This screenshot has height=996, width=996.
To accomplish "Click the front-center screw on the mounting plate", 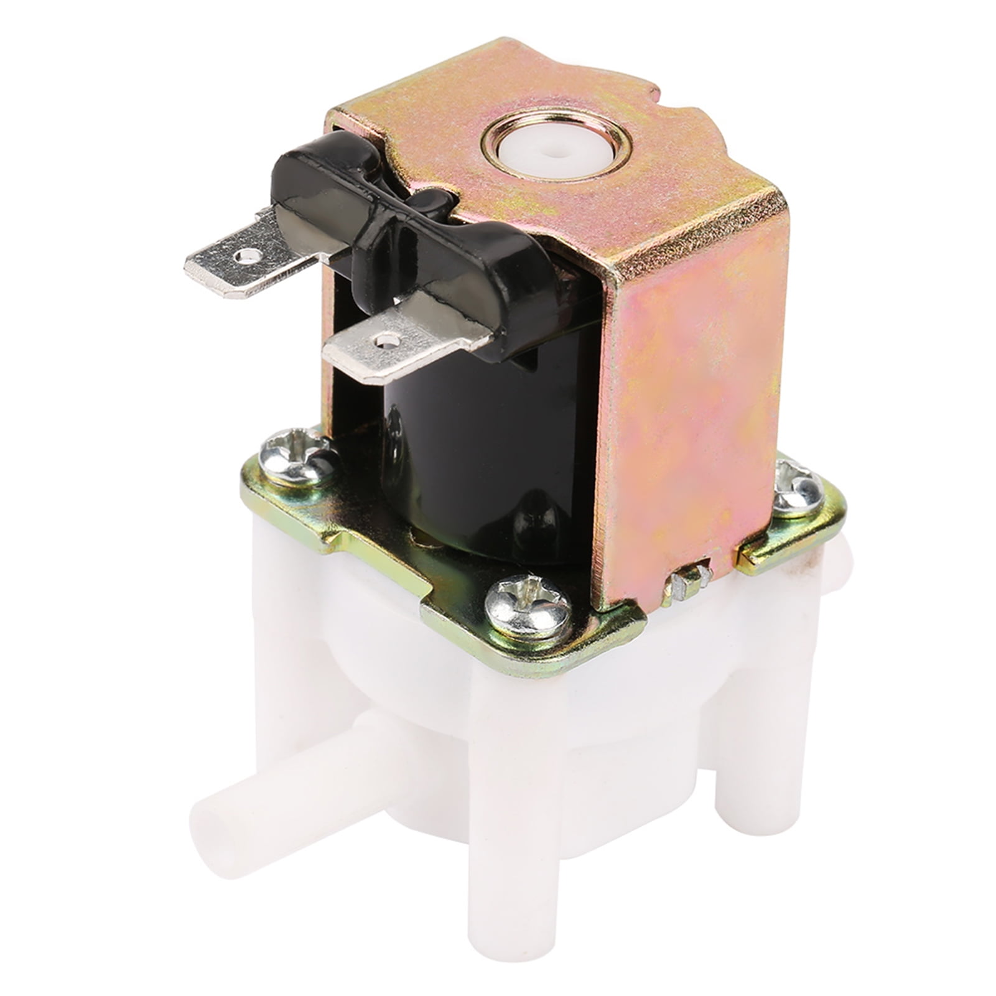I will (527, 602).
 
